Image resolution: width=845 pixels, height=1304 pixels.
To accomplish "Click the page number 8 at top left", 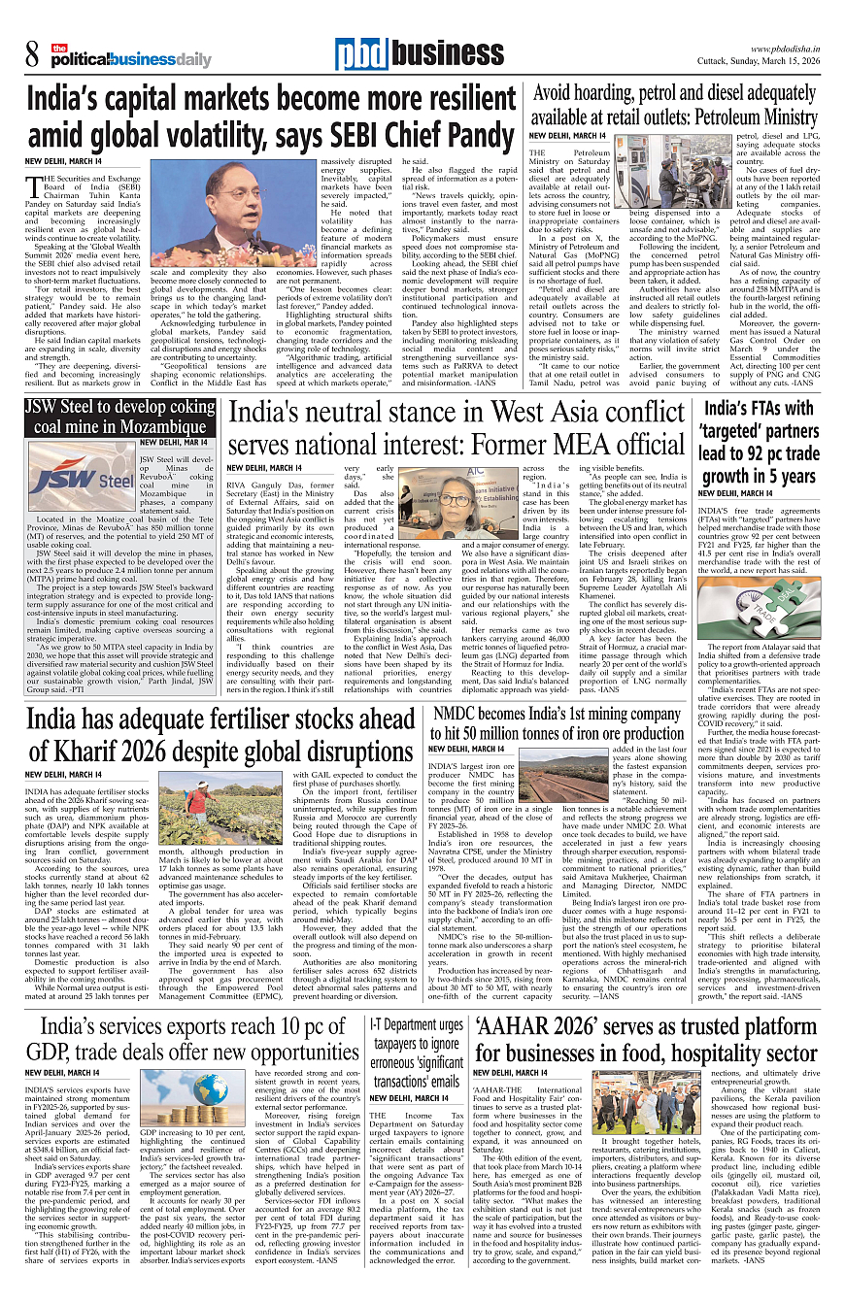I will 32,55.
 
